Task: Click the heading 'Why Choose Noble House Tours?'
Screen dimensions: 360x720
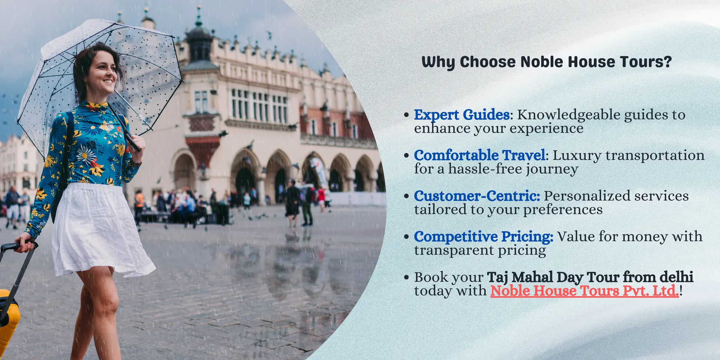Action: [546, 62]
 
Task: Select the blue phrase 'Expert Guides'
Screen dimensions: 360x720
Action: [462, 115]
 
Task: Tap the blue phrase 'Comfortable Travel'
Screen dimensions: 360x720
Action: [480, 155]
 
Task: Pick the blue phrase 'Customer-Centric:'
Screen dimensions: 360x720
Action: [477, 196]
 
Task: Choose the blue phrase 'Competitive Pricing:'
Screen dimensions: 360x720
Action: [483, 237]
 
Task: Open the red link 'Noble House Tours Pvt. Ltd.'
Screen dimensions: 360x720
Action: [584, 291]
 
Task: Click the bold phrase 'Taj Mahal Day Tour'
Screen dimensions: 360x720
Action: [553, 277]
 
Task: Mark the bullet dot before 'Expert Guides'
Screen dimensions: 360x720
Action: [406, 115]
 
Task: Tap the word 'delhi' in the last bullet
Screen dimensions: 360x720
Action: [676, 277]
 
